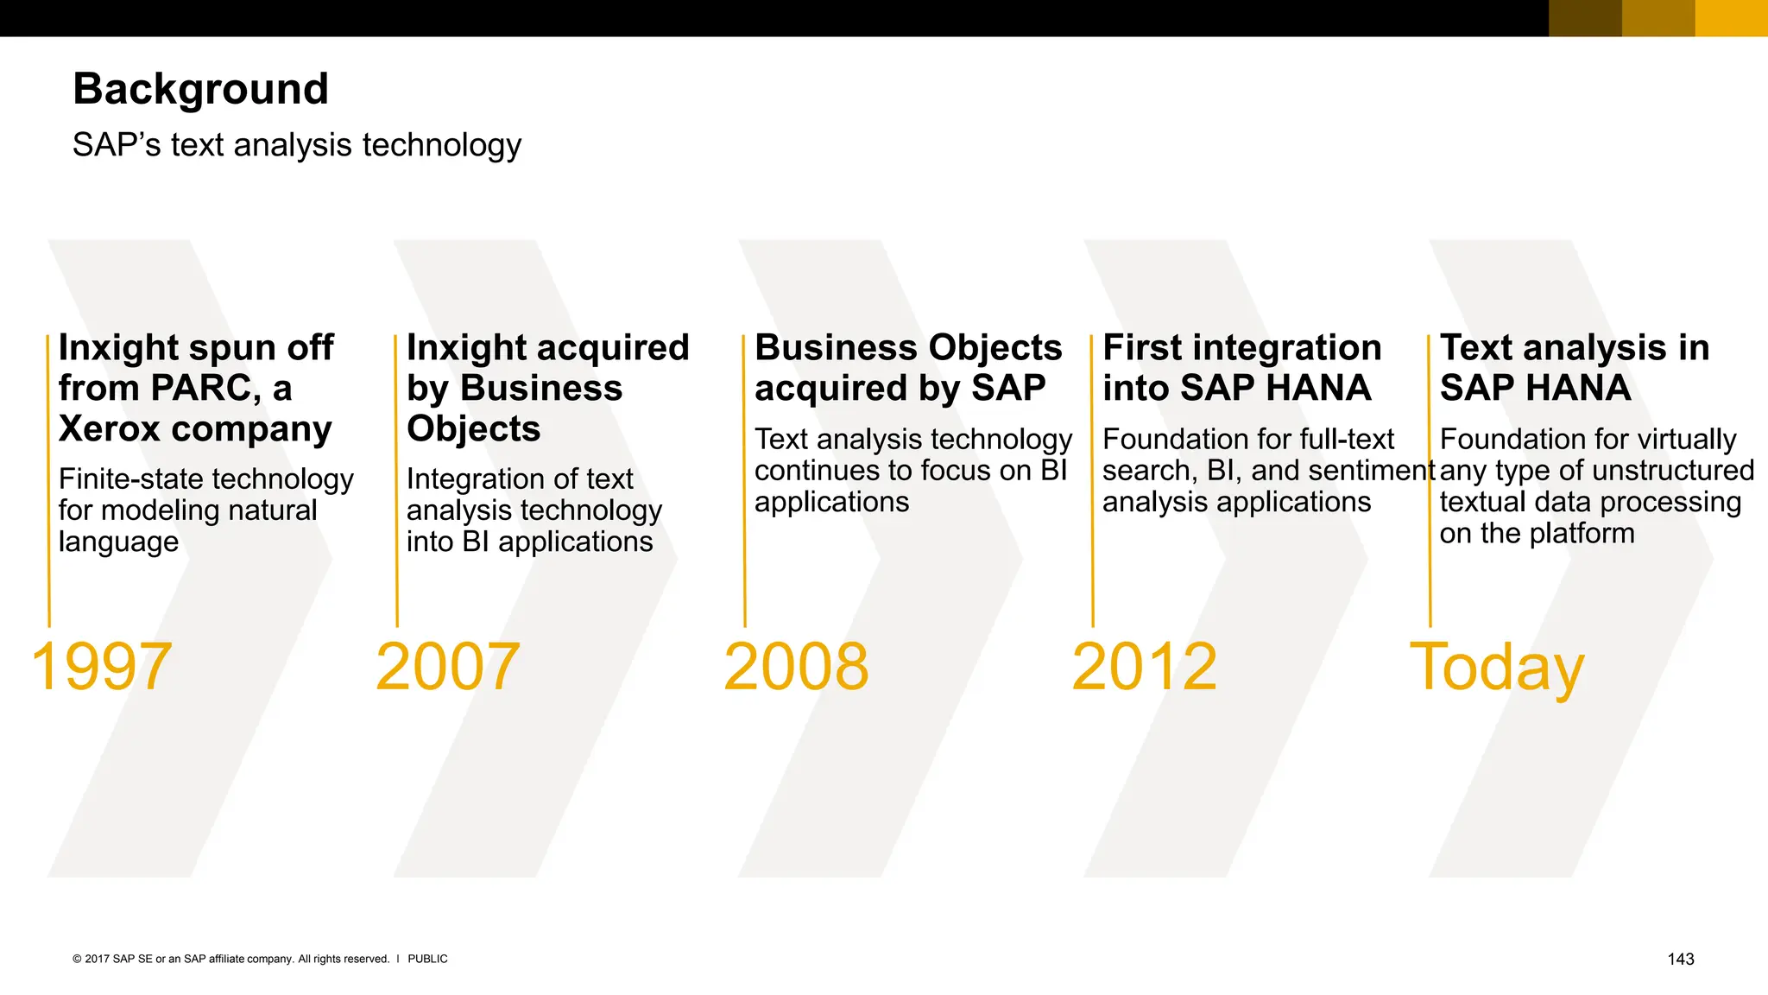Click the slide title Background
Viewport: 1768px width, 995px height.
coord(200,89)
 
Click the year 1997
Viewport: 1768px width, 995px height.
coord(101,667)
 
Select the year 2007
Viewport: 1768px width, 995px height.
coord(447,667)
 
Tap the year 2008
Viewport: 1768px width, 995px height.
coord(795,667)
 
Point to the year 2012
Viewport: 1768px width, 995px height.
coord(1144,667)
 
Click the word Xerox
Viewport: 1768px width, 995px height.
coord(109,429)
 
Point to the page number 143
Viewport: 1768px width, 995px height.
coord(1680,959)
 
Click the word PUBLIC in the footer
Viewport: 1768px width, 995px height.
coord(427,959)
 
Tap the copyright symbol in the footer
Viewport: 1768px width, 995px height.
coord(77,959)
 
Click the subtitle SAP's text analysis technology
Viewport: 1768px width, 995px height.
coord(297,145)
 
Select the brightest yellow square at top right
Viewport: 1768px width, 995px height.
coord(1731,18)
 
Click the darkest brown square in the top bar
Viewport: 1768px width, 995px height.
coord(1585,18)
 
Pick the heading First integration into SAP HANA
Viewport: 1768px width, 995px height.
coord(1241,368)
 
